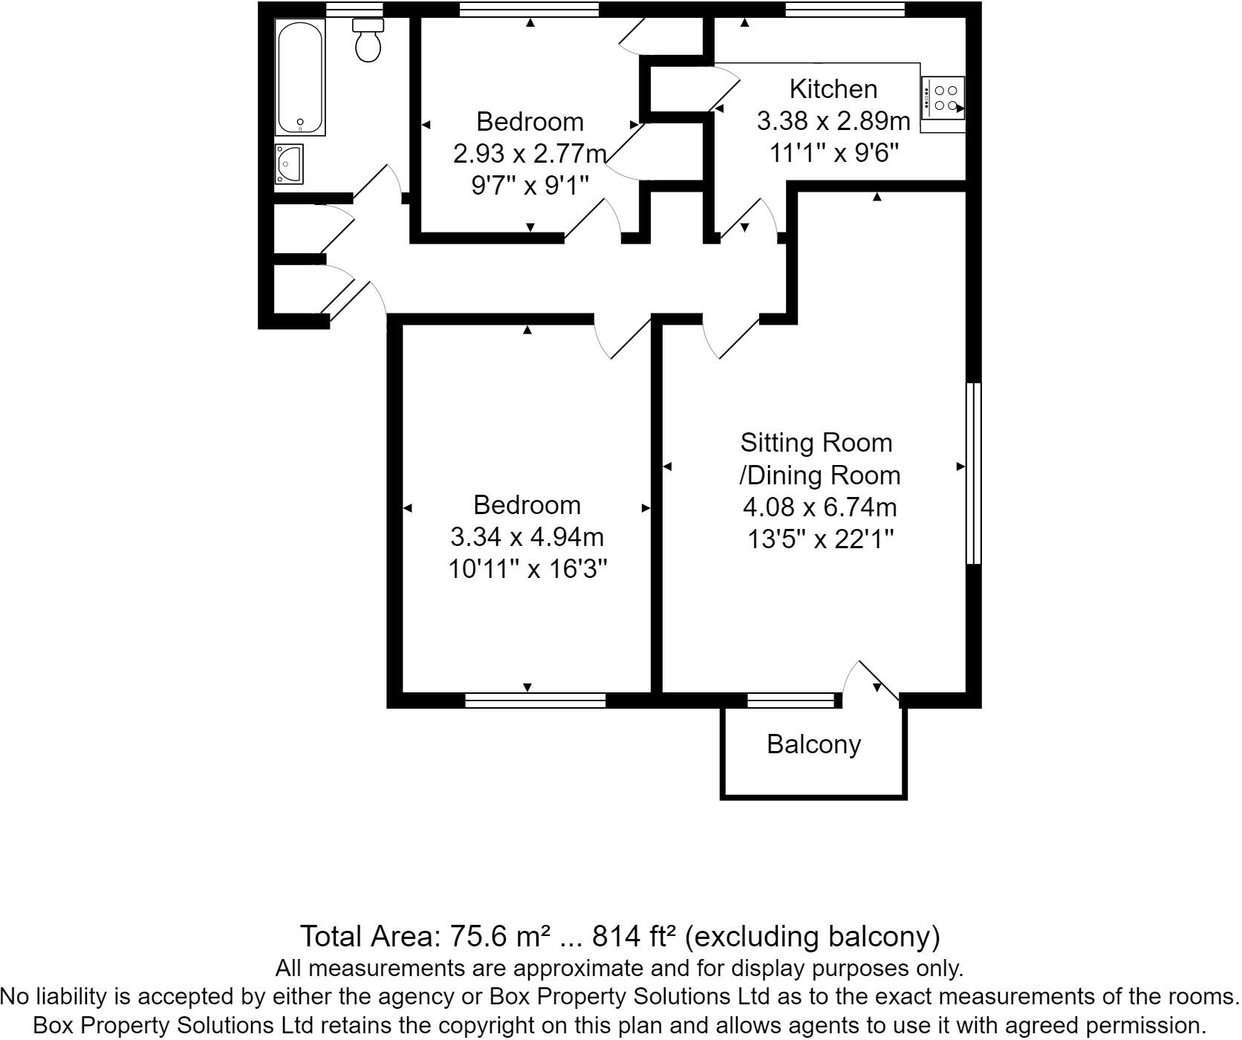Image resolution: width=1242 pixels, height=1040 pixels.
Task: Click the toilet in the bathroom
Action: pos(368,42)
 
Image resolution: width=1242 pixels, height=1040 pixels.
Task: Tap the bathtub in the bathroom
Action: pos(299,77)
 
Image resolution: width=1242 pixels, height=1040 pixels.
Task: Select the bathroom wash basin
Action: pos(289,163)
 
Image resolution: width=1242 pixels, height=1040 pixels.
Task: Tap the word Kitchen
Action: pos(833,89)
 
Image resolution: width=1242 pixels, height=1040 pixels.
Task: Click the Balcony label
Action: pos(813,744)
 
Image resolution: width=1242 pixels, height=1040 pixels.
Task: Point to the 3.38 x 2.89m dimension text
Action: pos(833,121)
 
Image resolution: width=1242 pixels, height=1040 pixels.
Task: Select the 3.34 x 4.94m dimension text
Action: pos(527,537)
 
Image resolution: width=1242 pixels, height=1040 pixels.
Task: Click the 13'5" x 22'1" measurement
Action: pos(819,539)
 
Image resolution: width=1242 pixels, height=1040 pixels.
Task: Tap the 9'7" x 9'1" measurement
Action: pos(530,185)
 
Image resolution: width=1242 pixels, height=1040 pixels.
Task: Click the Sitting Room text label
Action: pos(816,443)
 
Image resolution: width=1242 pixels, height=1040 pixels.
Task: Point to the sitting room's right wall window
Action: pos(973,473)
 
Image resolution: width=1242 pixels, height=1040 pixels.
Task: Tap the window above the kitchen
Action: pos(845,9)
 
